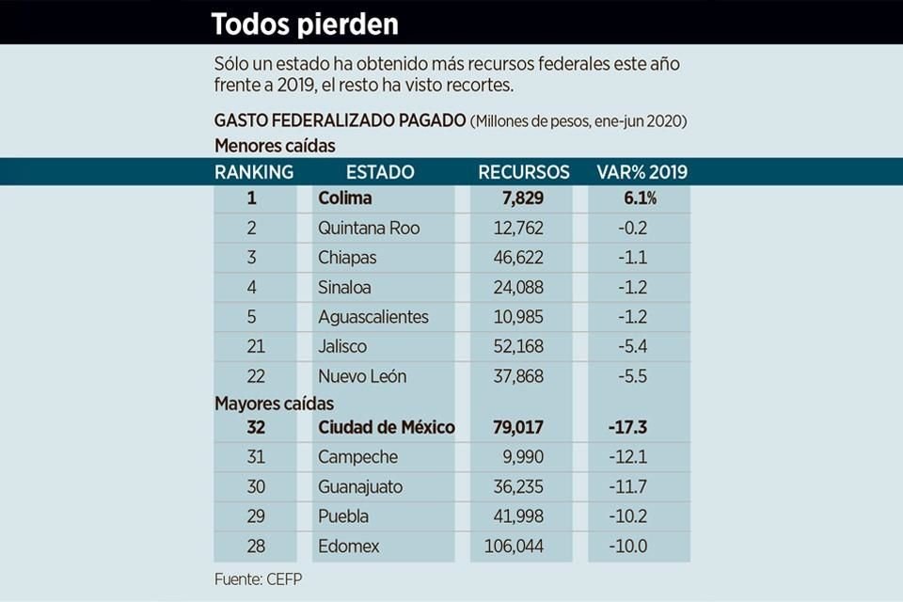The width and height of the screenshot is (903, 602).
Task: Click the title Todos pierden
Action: coord(305,24)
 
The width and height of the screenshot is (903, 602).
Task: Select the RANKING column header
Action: coord(253,172)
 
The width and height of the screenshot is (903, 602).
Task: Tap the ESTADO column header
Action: coord(379,172)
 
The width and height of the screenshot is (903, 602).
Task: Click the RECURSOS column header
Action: coord(523,172)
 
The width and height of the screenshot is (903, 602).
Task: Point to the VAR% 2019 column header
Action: coord(642,172)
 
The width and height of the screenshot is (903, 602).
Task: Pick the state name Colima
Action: coord(345,198)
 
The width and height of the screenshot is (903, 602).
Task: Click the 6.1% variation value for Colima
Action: coord(638,198)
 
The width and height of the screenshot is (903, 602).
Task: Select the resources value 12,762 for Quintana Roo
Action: coord(518,228)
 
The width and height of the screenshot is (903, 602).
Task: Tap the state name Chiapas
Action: coord(347,258)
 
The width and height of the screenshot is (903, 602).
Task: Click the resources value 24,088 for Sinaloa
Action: coord(518,287)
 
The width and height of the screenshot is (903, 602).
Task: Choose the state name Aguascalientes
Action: coord(373,317)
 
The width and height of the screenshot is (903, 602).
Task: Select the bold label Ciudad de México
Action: coord(387,427)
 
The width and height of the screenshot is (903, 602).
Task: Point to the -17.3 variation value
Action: coord(628,427)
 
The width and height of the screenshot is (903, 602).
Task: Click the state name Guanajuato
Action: coord(360,487)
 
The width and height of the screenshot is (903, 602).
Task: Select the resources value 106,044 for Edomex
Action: coord(513,547)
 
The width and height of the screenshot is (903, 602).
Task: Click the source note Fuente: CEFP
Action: coord(259,579)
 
